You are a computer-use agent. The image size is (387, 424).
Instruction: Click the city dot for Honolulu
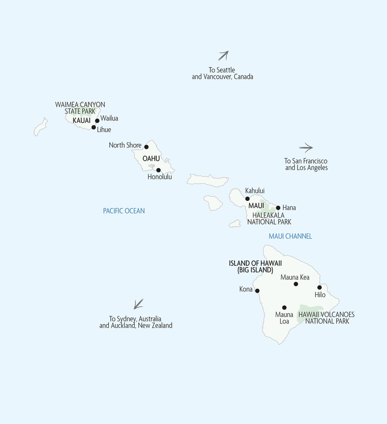[158, 170]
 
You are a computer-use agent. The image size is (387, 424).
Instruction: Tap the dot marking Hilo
[319, 287]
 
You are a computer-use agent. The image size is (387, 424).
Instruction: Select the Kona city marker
[257, 291]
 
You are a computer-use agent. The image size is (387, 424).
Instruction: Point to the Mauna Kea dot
[296, 284]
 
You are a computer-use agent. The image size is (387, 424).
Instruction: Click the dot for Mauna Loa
[284, 307]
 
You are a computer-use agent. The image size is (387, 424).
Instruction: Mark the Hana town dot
[278, 208]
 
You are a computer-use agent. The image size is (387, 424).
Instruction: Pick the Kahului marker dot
[247, 198]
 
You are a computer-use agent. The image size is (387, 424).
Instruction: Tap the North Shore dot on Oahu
[146, 146]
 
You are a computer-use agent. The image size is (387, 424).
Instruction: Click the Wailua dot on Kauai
[97, 121]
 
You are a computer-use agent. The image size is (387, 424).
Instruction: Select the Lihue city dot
[93, 127]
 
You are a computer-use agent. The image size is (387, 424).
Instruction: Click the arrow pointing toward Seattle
[223, 55]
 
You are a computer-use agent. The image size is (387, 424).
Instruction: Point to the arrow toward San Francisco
[306, 148]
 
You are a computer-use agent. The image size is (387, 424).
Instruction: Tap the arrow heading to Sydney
[138, 303]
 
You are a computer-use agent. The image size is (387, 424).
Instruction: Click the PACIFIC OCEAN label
[124, 211]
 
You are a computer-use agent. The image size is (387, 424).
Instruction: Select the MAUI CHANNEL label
[290, 236]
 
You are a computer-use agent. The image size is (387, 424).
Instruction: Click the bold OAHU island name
[151, 158]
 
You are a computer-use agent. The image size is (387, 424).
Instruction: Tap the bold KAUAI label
[82, 120]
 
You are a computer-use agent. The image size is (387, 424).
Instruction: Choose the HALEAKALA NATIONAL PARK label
[269, 218]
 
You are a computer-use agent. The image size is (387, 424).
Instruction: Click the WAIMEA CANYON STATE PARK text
[80, 107]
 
